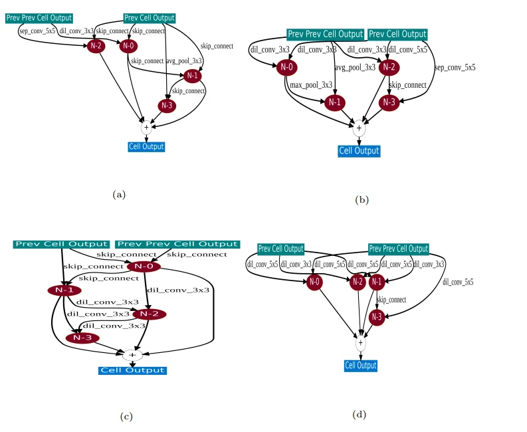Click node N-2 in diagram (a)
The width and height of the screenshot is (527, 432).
click(x=96, y=46)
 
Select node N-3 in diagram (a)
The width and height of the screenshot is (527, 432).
click(x=167, y=105)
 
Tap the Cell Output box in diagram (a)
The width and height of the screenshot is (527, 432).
click(x=146, y=146)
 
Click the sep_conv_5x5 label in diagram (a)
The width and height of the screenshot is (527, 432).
click(x=37, y=31)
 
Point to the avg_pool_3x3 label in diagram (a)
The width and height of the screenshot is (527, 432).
click(x=183, y=60)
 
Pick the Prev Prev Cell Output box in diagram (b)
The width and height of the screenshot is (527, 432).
click(x=325, y=34)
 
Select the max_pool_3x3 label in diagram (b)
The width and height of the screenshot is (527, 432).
click(x=311, y=84)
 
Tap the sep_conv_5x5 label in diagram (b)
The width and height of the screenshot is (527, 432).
click(x=455, y=67)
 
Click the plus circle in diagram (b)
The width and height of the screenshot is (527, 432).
click(x=359, y=128)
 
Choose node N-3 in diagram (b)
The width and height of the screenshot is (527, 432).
click(x=390, y=102)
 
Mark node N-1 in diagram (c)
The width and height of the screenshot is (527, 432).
click(x=64, y=290)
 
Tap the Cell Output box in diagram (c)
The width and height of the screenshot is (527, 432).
click(x=132, y=370)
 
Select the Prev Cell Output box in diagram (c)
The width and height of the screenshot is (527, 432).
click(x=61, y=244)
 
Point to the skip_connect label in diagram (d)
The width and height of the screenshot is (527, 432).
click(x=391, y=300)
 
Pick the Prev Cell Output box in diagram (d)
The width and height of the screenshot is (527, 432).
click(x=280, y=249)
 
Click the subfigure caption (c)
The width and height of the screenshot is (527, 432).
click(x=126, y=417)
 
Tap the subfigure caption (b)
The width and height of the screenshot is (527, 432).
click(x=362, y=199)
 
